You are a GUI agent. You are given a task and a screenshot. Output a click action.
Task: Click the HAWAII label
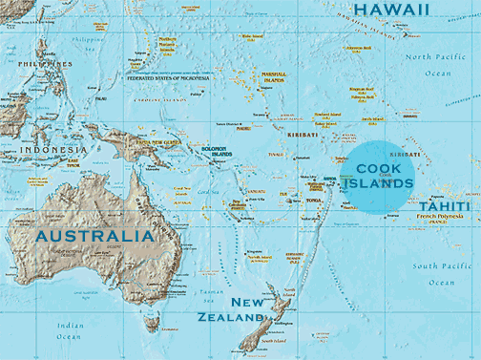coord(391,10)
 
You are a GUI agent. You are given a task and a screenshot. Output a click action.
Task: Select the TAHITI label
coord(443,206)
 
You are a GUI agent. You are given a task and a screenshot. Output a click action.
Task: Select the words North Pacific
coord(432,58)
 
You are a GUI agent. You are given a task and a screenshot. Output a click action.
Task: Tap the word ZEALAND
coord(230,317)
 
